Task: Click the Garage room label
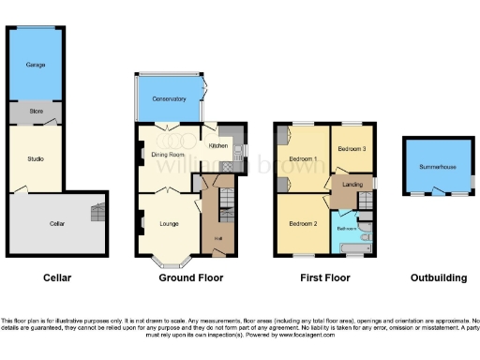[x=36, y=64]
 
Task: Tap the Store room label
[x=36, y=112]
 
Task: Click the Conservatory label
[x=169, y=97]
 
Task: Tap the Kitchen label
[x=217, y=146]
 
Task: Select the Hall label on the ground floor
[x=217, y=239]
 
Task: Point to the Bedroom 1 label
[x=302, y=157]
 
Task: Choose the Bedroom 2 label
[x=302, y=223]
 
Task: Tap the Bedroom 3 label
[x=352, y=148]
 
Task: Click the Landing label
[x=352, y=184]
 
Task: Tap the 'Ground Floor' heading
[x=183, y=278]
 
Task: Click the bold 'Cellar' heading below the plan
[x=56, y=278]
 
